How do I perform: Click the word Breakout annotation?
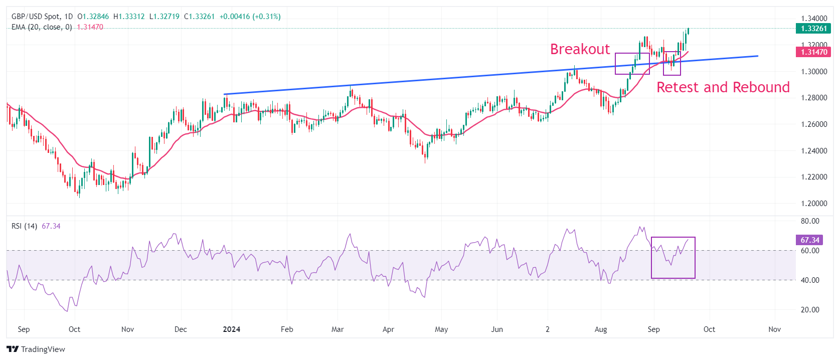click(580, 49)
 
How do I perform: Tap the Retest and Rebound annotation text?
click(723, 87)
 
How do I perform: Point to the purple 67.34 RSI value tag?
click(810, 240)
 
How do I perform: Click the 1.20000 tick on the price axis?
click(813, 204)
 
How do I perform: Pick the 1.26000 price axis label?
click(813, 124)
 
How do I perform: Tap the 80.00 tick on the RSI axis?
click(810, 221)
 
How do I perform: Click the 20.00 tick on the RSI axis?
click(810, 310)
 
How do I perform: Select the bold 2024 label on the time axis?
click(231, 329)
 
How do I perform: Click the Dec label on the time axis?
click(181, 329)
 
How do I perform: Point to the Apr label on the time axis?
click(388, 329)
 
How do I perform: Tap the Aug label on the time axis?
click(601, 329)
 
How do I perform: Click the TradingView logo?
click(36, 349)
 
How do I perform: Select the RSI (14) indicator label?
click(24, 226)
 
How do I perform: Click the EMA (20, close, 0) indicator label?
click(42, 27)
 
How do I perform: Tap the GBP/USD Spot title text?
click(35, 17)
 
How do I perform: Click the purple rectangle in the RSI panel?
click(673, 258)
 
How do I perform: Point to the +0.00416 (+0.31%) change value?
click(250, 17)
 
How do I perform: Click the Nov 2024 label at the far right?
click(775, 329)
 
